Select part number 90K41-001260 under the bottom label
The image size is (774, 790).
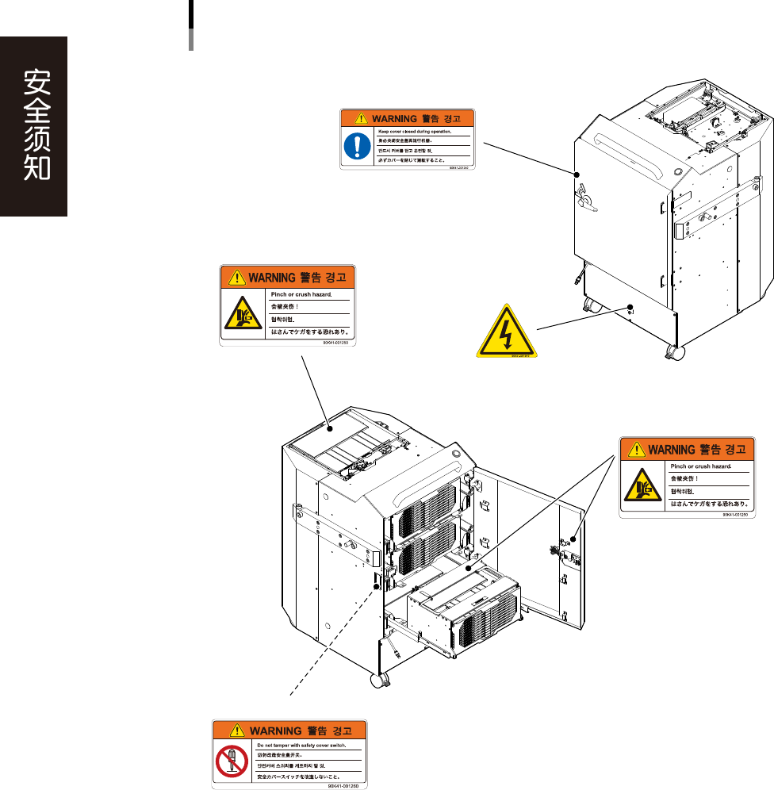click(x=343, y=786)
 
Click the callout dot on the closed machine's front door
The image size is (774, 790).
click(x=577, y=174)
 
